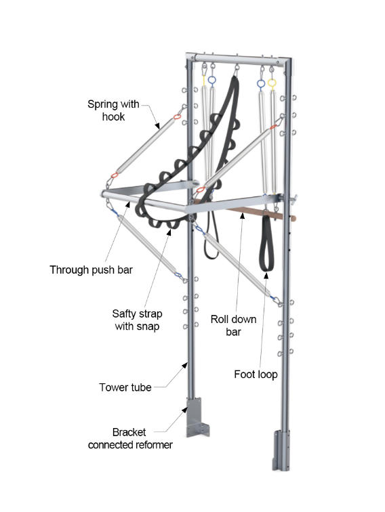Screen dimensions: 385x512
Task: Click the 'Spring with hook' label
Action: coord(113,110)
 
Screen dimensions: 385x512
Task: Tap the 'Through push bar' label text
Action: coord(92,270)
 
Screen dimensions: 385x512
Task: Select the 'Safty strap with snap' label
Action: coord(137,320)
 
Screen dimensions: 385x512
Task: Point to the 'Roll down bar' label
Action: coord(233,326)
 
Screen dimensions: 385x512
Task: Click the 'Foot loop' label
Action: coord(256,375)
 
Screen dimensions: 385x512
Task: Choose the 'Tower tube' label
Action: coord(125,387)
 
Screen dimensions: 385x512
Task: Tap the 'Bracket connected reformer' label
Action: coord(130,439)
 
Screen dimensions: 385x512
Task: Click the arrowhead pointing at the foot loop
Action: coord(266,276)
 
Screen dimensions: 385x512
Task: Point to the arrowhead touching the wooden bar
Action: coord(242,215)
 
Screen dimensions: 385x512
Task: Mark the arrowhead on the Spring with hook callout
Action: coord(157,125)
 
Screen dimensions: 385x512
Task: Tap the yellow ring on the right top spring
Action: coord(272,83)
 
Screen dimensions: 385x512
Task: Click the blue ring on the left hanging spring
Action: coord(211,81)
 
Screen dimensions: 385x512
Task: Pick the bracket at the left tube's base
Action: coord(196,417)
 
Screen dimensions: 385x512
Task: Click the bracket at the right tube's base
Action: coord(281,450)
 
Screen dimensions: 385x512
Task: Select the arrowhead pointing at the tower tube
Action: coord(184,366)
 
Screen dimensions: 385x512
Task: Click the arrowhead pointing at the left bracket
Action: coord(184,410)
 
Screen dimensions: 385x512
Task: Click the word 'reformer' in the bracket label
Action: coord(151,445)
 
